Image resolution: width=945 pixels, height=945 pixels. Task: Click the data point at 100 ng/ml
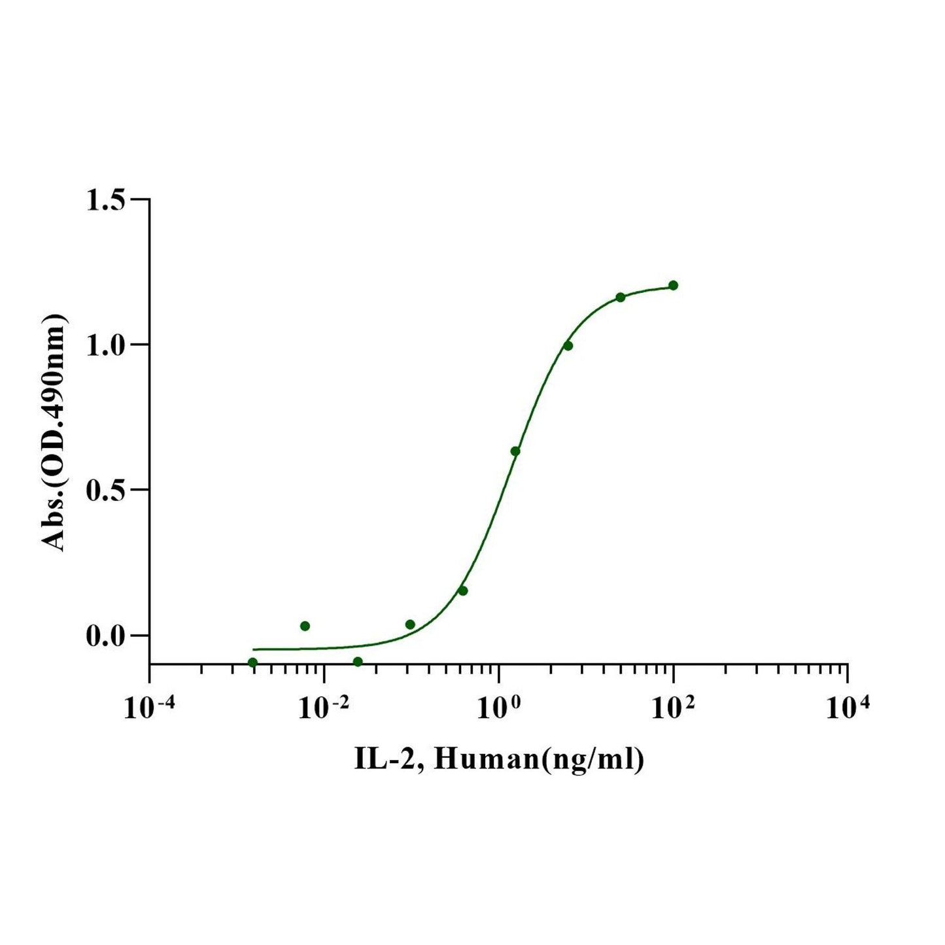673,285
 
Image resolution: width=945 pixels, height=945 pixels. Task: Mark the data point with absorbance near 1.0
568,345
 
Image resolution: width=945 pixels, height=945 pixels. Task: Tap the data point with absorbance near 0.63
515,451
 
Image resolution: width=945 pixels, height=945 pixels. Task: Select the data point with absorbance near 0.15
462,591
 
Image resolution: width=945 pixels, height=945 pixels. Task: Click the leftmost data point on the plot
252,662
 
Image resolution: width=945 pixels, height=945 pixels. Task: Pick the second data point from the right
620,298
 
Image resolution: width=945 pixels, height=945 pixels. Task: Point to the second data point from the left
305,626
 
